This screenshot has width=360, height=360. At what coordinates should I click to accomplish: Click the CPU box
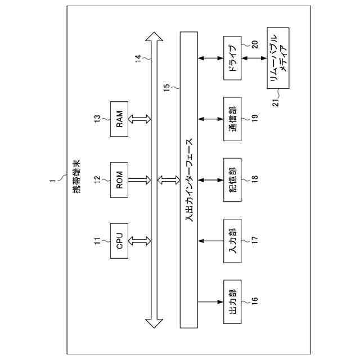[120, 241]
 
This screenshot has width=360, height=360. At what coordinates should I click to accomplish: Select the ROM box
[120, 179]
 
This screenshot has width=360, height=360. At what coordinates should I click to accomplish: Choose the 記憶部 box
[232, 179]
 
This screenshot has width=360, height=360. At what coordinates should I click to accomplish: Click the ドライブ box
[232, 57]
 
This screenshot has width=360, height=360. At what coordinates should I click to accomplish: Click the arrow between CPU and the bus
[141, 241]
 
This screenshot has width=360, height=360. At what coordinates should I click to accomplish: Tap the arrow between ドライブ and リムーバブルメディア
[256, 57]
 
